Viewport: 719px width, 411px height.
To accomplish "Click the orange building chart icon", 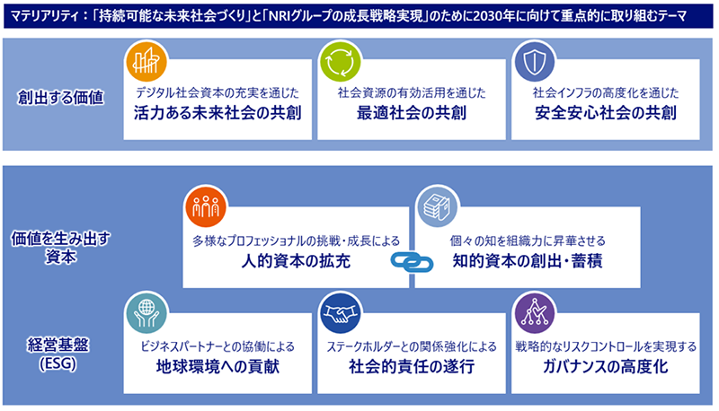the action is click(x=146, y=62).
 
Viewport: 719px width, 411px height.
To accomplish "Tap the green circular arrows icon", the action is click(x=341, y=62).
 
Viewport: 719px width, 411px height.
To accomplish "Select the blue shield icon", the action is click(x=535, y=62).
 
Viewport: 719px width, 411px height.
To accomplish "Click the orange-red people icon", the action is click(x=206, y=207).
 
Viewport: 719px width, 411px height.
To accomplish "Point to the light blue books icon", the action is click(x=438, y=207).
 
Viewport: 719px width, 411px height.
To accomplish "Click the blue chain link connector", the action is click(x=412, y=262).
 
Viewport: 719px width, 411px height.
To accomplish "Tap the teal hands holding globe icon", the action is click(x=146, y=313).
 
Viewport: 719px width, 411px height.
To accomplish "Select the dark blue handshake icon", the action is click(x=341, y=313).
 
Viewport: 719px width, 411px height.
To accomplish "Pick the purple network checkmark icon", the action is click(x=535, y=313).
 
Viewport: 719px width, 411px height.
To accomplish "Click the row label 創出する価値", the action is click(x=60, y=98).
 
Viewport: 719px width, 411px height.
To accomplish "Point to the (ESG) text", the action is click(x=58, y=363).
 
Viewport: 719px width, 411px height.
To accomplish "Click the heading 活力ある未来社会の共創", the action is click(x=217, y=112).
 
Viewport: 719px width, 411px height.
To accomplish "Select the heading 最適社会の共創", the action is click(x=412, y=112).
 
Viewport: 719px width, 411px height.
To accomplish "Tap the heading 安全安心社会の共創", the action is click(x=605, y=112).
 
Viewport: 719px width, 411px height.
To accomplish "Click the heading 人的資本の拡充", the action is click(x=296, y=261).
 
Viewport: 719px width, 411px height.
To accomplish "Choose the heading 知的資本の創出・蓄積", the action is click(x=528, y=261).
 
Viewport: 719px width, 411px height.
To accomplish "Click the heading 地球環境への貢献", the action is click(x=217, y=366).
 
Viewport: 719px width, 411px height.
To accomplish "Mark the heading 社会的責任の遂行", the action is click(x=412, y=366).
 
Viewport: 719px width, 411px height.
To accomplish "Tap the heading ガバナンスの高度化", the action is click(x=605, y=366).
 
